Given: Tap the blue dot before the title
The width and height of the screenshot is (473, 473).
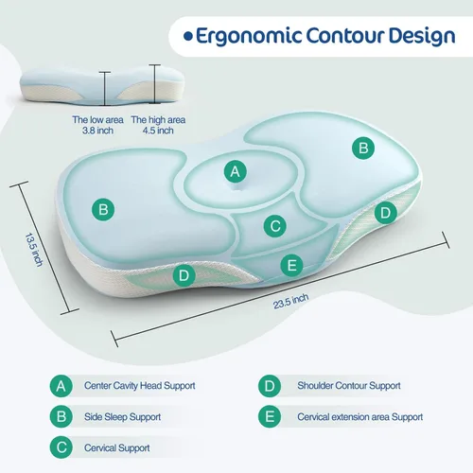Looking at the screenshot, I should (x=188, y=36).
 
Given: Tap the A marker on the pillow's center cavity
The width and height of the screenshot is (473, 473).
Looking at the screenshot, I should (x=235, y=171).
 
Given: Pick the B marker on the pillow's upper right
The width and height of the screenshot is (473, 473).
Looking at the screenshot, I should (x=361, y=147).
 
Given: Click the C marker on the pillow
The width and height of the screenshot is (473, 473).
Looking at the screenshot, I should (x=274, y=226).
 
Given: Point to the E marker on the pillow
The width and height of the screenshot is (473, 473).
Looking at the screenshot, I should (x=291, y=265).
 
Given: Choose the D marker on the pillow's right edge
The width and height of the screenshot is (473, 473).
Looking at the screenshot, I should (x=384, y=213).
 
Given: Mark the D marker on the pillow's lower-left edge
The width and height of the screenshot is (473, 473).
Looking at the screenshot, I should (x=185, y=276).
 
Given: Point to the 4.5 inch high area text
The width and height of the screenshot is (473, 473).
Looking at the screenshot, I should (x=152, y=126).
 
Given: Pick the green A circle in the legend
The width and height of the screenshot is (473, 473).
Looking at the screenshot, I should (x=61, y=386).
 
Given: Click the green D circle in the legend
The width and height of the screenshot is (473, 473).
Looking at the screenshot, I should (x=270, y=386).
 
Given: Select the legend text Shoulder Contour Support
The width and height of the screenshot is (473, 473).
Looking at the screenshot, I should (x=349, y=386).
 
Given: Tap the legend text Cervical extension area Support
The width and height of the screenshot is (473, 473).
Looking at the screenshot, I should (x=359, y=416).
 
